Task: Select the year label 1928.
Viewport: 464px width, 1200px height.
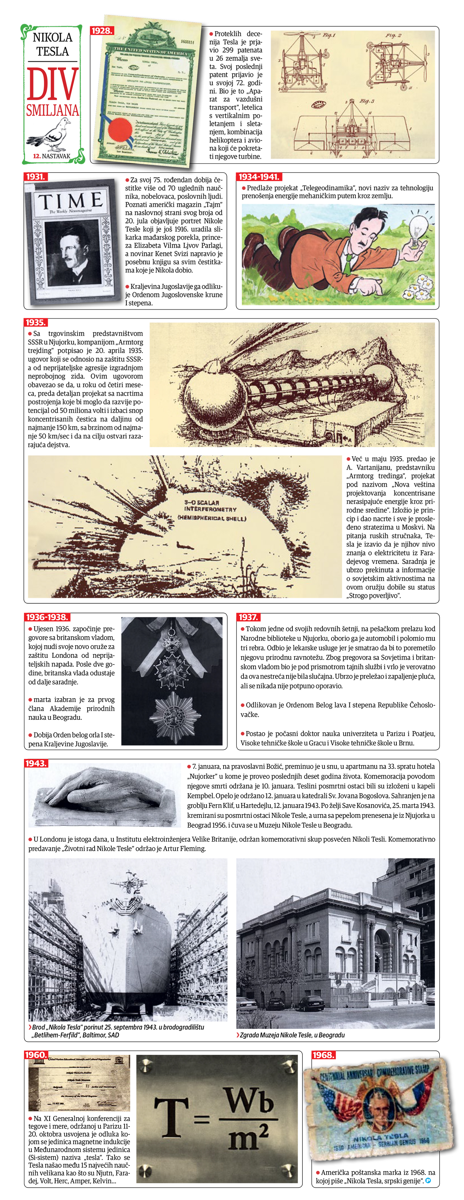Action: (x=102, y=31)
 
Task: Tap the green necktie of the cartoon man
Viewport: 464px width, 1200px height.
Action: (x=348, y=263)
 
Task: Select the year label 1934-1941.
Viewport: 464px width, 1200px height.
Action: (x=259, y=177)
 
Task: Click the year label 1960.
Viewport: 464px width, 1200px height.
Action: (x=36, y=1055)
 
